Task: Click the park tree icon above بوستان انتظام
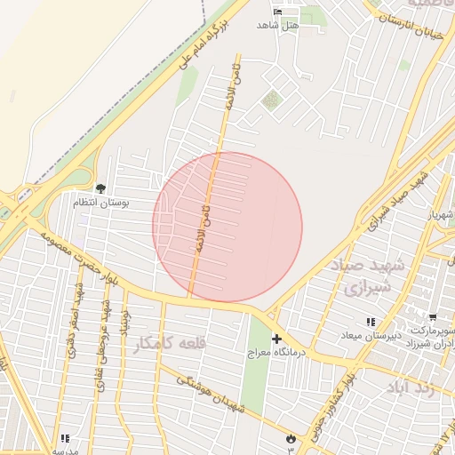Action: coord(100,188)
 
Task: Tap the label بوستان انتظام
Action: coord(100,204)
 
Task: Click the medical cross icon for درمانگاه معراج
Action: coord(276,339)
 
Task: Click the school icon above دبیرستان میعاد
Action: coord(370,322)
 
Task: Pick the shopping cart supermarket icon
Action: coord(433,317)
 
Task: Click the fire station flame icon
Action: coord(291,437)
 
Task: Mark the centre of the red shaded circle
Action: coord(227,227)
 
